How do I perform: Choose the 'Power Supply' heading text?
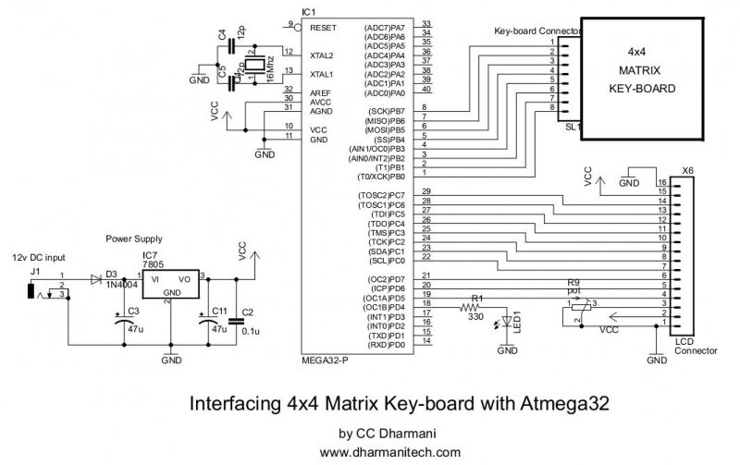pos(134,238)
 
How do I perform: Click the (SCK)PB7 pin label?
pos(385,111)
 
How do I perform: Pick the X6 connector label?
pos(686,171)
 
